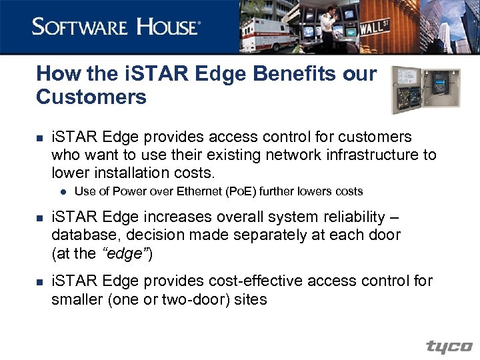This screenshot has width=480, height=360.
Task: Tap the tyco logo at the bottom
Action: click(449, 347)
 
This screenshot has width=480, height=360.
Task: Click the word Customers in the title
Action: click(91, 97)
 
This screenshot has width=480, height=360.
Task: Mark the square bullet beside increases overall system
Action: click(40, 218)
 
